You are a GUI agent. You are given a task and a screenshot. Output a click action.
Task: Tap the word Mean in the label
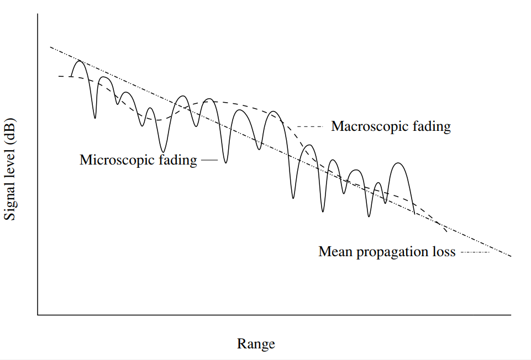pos(334,252)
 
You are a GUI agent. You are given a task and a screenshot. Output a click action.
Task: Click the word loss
pos(443,252)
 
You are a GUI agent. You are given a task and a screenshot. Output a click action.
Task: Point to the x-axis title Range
pos(256,344)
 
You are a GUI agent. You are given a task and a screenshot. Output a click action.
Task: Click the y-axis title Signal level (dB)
pos(10,169)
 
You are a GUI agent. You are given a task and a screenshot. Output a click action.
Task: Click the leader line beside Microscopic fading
pos(209,160)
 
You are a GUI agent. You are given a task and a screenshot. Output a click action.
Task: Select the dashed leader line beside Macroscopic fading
pos(310,126)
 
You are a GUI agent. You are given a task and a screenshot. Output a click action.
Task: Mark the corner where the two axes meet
pos(38,315)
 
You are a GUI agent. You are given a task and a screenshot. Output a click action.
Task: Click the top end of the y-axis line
pos(38,14)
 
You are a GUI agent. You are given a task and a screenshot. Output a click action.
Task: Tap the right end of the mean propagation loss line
pos(511,256)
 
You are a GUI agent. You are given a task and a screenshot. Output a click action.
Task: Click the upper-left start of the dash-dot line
pos(50,47)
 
